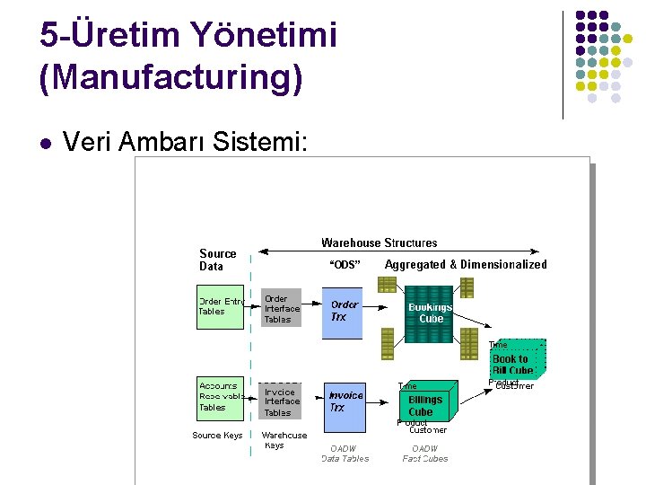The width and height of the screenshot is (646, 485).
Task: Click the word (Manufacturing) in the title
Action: pyautogui.click(x=170, y=78)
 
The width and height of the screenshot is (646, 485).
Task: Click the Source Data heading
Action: pyautogui.click(x=217, y=260)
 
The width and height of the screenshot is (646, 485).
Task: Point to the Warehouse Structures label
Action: pyautogui.click(x=379, y=242)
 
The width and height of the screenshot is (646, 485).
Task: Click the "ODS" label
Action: pyautogui.click(x=345, y=265)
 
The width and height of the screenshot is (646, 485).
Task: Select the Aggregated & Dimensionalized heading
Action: pyautogui.click(x=465, y=265)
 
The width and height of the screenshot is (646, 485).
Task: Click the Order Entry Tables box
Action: pyautogui.click(x=220, y=306)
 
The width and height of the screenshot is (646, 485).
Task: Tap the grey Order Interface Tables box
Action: pyautogui.click(x=281, y=309)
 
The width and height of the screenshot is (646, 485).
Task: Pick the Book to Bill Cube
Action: pyautogui.click(x=514, y=363)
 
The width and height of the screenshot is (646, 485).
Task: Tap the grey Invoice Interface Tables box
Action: pyautogui.click(x=281, y=401)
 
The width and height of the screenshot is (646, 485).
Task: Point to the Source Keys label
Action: pyautogui.click(x=217, y=436)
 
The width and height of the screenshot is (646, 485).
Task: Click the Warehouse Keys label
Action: pyautogui.click(x=284, y=440)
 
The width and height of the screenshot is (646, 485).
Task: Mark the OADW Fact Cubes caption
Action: pyautogui.click(x=425, y=454)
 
